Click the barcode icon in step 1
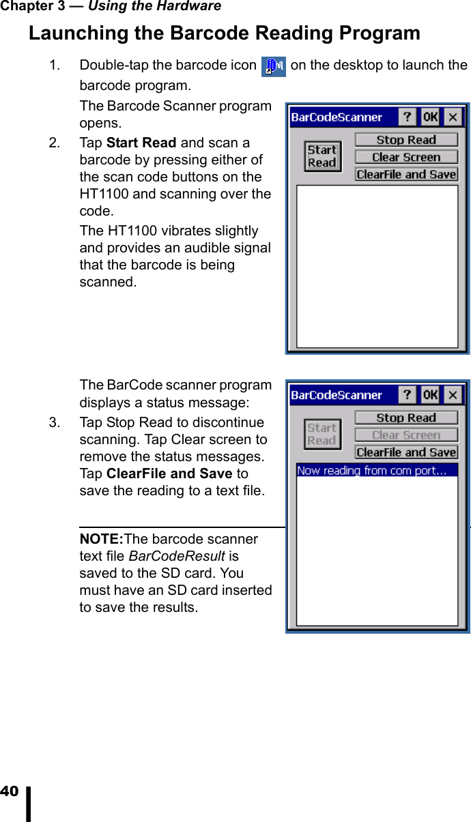(274, 67)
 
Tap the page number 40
(10, 791)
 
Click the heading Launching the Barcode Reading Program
(224, 33)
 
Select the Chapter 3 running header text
(111, 7)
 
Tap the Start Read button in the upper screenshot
(322, 156)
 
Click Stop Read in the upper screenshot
(406, 140)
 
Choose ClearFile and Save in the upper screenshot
(406, 175)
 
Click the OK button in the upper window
(430, 117)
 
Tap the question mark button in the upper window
(408, 117)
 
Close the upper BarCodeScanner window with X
(453, 117)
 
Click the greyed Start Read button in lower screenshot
(322, 434)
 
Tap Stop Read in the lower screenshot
(406, 417)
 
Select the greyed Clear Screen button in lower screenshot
(406, 435)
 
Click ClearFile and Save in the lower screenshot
(406, 452)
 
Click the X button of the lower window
(453, 395)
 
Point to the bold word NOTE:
(101, 539)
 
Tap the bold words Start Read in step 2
(141, 143)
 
